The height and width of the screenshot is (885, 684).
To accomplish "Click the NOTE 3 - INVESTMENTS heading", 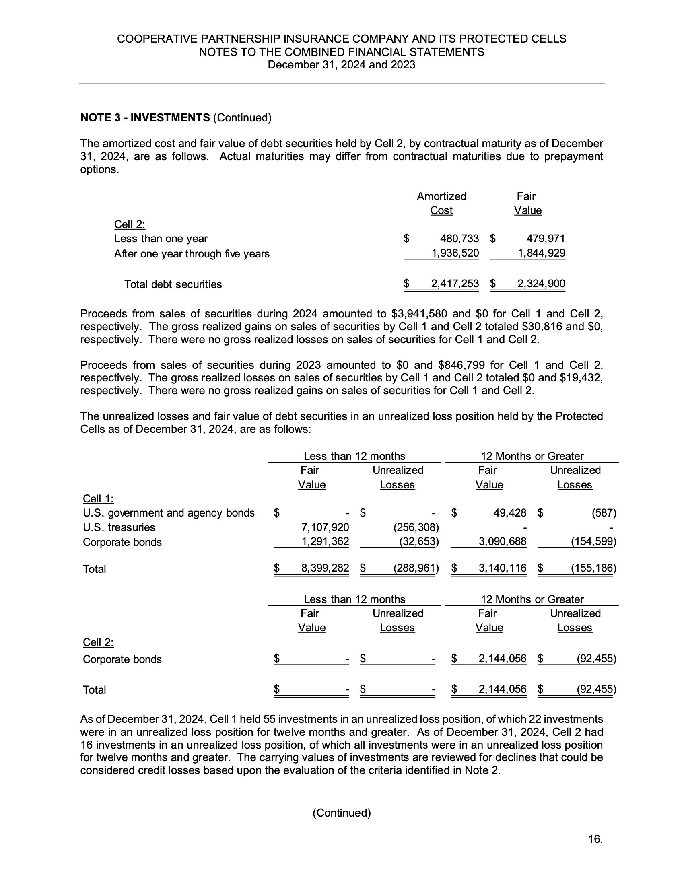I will pos(145,118).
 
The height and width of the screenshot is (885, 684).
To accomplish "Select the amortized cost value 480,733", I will pos(459,239).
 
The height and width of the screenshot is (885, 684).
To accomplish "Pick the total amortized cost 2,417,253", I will pos(455,284).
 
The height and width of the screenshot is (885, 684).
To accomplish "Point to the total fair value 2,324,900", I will pos(541,284).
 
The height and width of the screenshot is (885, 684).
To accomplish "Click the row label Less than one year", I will pos(161,239).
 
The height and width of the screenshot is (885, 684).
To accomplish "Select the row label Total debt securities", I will pos(173,284).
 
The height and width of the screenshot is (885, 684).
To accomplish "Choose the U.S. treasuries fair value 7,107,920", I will pos(325,527).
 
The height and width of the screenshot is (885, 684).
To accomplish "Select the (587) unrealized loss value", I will pos(604,513).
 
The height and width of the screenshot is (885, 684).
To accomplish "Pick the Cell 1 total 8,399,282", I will pos(325,568).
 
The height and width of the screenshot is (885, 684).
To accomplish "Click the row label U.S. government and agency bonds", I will pos(169,513).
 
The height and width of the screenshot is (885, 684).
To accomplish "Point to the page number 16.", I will pos(595,839).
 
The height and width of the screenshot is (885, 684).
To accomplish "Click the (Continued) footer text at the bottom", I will pos(342,813).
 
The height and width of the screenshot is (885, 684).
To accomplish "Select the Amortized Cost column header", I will pos(441,203).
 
